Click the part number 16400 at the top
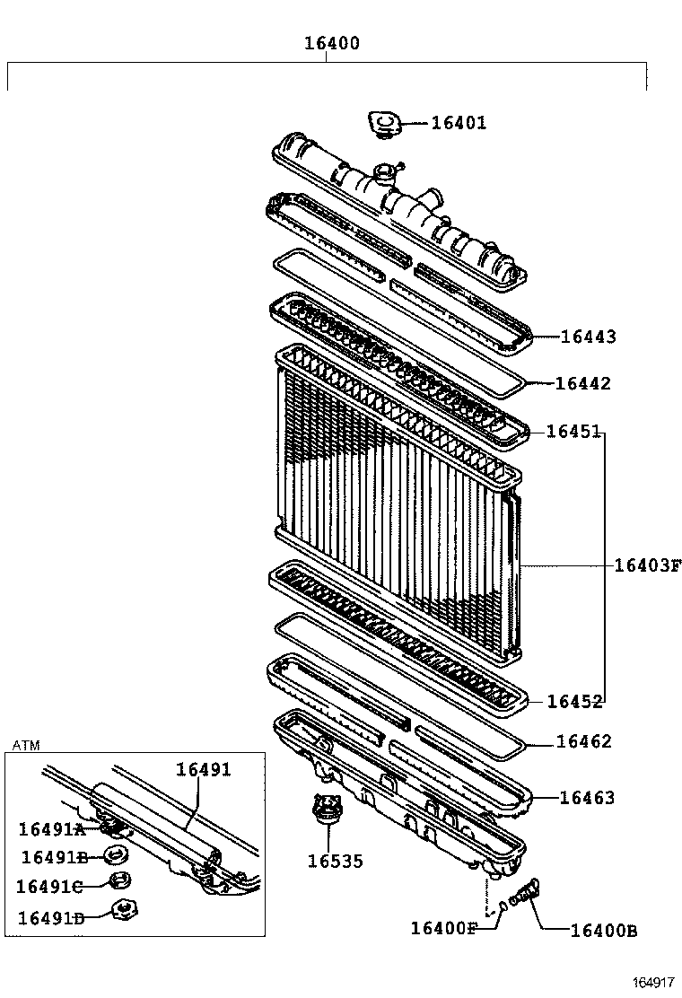click(x=331, y=43)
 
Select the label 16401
click(x=458, y=123)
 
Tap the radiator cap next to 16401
click(x=385, y=124)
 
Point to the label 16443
click(x=588, y=337)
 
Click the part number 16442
click(x=582, y=383)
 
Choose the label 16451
click(x=573, y=432)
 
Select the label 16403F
click(x=648, y=565)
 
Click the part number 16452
click(x=573, y=701)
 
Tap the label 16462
click(x=583, y=741)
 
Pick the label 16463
click(x=587, y=797)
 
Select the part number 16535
click(x=335, y=862)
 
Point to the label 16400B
click(x=603, y=931)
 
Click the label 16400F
click(x=443, y=928)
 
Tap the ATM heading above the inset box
click(x=26, y=745)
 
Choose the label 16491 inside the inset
click(x=203, y=769)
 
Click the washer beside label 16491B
click(x=115, y=855)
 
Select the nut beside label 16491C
click(x=117, y=881)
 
